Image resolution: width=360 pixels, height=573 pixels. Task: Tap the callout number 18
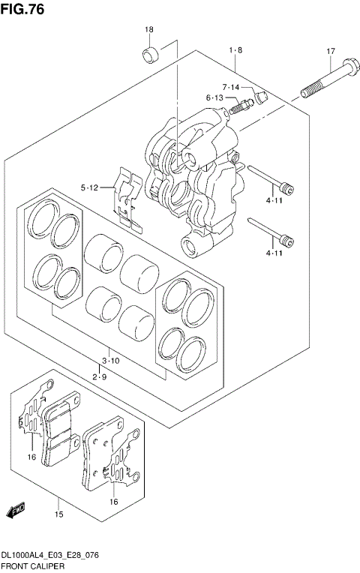pyautogui.click(x=148, y=29)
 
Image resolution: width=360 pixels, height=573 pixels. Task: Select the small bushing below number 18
pyautogui.click(x=149, y=55)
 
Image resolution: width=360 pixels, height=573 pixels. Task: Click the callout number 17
pyautogui.click(x=330, y=51)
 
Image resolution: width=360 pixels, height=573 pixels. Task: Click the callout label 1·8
pyautogui.click(x=235, y=50)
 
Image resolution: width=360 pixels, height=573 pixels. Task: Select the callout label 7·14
pyautogui.click(x=230, y=88)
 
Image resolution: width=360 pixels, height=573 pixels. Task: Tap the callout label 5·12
pyautogui.click(x=90, y=187)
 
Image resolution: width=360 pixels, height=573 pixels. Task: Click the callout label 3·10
pyautogui.click(x=111, y=361)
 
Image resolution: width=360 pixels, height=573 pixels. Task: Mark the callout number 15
pyautogui.click(x=58, y=514)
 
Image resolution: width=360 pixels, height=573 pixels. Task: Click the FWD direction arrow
pyautogui.click(x=16, y=511)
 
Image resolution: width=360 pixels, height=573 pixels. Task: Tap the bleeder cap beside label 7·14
pyautogui.click(x=262, y=95)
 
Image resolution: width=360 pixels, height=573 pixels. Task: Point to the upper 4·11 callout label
pyautogui.click(x=274, y=201)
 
